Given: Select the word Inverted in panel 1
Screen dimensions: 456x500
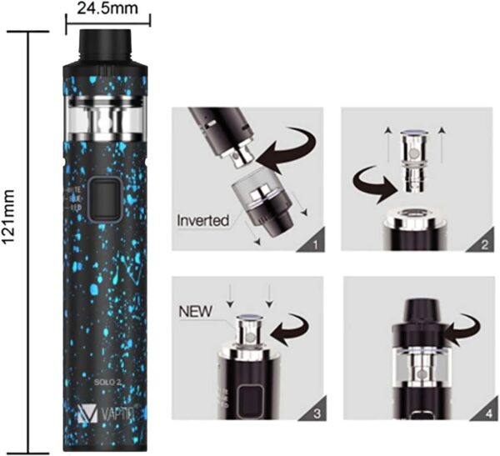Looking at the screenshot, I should (x=204, y=222).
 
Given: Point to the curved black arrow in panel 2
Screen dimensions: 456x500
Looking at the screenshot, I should (x=372, y=176).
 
